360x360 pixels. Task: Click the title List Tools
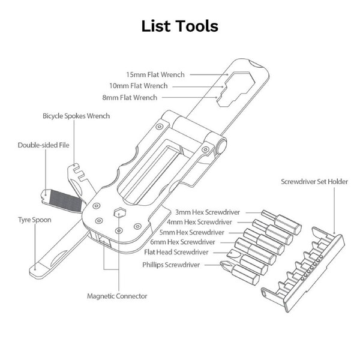click(179, 26)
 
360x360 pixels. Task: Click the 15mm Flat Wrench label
click(155, 74)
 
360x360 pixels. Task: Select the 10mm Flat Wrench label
click(155, 86)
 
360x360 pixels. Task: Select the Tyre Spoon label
click(34, 220)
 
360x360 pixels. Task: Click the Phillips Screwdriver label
click(175, 263)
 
